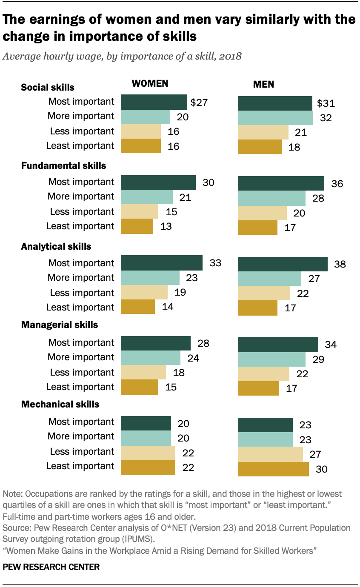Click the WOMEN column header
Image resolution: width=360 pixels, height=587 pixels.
(149, 84)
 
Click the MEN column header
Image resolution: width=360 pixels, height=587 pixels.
(263, 84)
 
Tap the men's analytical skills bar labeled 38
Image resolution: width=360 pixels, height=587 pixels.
(283, 264)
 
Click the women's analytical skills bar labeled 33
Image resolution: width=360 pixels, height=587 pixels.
(162, 263)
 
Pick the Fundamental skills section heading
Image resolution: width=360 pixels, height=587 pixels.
(63, 165)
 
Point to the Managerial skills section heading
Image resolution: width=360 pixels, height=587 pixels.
(60, 325)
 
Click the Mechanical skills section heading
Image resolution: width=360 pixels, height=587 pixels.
(60, 404)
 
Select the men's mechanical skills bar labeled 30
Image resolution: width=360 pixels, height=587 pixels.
(273, 469)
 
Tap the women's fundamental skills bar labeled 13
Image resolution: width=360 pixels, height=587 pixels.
(137, 226)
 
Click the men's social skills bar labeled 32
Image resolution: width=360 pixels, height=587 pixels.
(276, 117)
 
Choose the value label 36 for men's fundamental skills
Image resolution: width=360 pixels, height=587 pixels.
(337, 184)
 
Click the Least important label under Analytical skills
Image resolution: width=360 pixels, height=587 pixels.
(80, 308)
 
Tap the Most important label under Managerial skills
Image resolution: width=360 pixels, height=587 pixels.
(81, 342)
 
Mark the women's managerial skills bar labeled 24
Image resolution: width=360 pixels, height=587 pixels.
(151, 358)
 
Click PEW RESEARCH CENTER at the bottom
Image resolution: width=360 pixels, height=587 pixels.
(51, 567)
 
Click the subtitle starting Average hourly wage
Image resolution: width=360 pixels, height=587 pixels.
(122, 57)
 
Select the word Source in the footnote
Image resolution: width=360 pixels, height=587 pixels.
(15, 528)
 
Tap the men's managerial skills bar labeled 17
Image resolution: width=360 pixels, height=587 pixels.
(258, 388)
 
